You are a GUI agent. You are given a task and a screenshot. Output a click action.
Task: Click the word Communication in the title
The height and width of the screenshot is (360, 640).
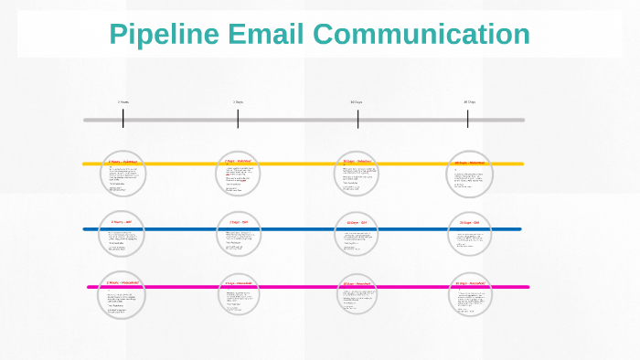click(420, 35)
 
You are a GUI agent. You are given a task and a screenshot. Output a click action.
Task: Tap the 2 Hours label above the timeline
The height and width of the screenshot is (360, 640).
click(123, 102)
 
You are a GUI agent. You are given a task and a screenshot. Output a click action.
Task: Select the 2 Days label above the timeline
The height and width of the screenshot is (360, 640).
click(238, 102)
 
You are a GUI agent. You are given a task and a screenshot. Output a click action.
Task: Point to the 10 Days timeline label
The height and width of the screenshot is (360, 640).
click(357, 102)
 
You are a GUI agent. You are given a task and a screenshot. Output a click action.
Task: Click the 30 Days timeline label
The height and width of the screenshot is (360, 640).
click(469, 102)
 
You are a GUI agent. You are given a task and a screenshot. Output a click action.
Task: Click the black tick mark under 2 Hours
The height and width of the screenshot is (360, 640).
click(123, 119)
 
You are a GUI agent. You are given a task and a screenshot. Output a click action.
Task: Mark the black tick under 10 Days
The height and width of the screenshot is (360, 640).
click(357, 119)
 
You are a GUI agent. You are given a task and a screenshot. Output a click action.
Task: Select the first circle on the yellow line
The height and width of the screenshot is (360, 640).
click(123, 174)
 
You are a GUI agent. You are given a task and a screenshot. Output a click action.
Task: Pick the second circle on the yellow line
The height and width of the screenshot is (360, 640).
click(239, 174)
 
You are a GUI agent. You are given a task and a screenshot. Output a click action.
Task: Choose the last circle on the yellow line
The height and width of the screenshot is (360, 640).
click(470, 174)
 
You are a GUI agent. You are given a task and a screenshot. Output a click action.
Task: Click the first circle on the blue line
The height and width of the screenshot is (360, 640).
click(123, 236)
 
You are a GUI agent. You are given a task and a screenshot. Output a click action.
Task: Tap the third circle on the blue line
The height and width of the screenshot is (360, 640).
click(357, 235)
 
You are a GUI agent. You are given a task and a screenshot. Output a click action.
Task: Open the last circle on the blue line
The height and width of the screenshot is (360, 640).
click(470, 235)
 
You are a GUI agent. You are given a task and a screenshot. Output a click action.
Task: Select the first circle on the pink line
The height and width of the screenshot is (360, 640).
click(123, 295)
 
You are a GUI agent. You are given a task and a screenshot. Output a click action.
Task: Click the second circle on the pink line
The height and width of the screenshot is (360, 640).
click(239, 295)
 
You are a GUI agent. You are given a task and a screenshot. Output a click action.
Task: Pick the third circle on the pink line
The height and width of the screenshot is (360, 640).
click(357, 296)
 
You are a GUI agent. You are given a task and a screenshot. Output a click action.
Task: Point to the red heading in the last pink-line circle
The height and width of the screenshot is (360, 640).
click(469, 284)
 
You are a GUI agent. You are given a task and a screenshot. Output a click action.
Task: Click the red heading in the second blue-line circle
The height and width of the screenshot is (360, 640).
click(238, 222)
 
